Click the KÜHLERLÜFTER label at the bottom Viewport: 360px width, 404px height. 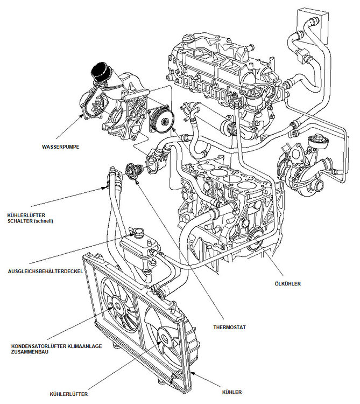coord(68,394)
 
